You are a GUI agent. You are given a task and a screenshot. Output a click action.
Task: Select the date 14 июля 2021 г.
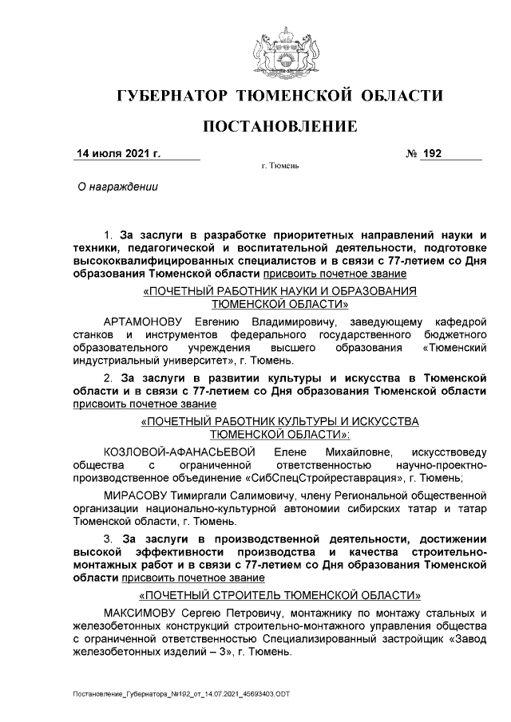[118, 153]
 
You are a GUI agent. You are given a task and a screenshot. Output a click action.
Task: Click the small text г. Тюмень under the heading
[279, 167]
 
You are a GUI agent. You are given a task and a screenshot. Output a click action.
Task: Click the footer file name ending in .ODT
[181, 694]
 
